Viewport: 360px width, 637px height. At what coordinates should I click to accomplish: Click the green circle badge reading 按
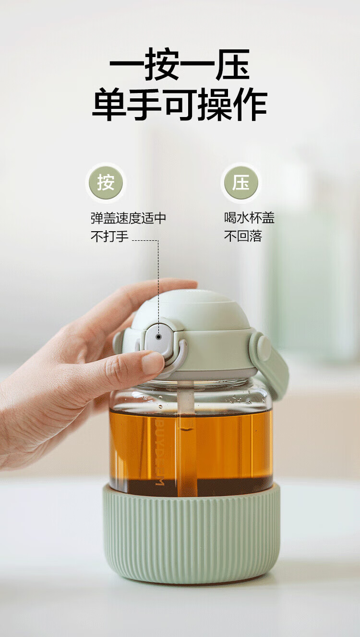pos(106,182)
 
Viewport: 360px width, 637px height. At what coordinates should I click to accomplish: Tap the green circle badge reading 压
pos(241,182)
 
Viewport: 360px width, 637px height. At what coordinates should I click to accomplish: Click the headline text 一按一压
pos(180,65)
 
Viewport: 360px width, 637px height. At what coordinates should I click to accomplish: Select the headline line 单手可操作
pos(180,105)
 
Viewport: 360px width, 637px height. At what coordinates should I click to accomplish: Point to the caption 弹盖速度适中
pos(128,218)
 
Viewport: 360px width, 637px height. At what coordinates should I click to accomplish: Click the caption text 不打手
pos(109,236)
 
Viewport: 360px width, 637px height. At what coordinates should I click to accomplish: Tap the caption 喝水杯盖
pos(249,218)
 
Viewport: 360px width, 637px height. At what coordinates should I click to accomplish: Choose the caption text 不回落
pos(243,236)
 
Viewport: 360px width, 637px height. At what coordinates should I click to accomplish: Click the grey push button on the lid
pos(158,338)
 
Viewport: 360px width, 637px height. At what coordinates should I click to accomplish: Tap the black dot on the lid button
pos(159,337)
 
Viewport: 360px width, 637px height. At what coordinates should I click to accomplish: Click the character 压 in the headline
pos(233,65)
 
